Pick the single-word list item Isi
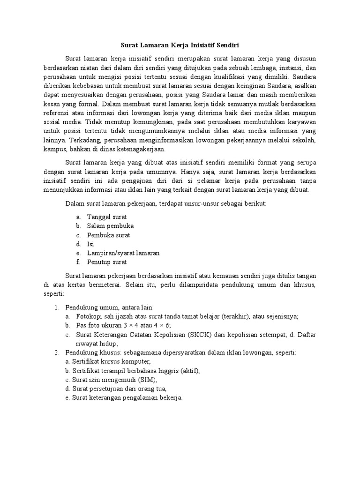90,244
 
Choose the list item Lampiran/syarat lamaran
123,253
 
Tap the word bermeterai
120,285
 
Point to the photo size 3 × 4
136,325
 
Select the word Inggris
174,371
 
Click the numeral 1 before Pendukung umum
56,307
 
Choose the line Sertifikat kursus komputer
108,362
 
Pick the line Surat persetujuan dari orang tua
116,389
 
